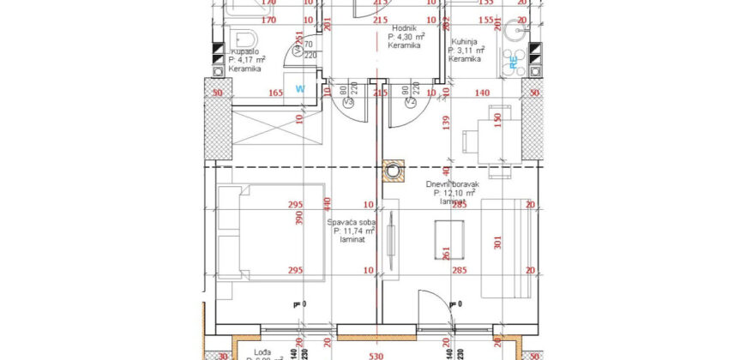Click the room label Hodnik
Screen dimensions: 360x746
(402, 27)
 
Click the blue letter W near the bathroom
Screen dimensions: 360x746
(300, 87)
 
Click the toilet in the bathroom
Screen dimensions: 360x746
(245, 40)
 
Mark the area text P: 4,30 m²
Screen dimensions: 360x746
(404, 37)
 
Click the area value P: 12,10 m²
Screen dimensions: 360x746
(455, 193)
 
